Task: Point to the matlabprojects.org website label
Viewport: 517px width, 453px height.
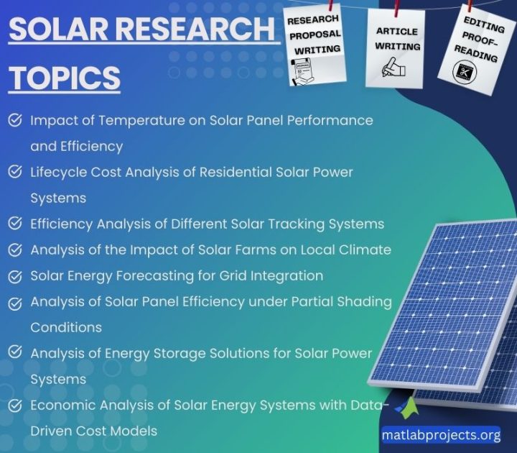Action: point(441,434)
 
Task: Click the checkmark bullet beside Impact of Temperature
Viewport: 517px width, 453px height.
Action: point(14,121)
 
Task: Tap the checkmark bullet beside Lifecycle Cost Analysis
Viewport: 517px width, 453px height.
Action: point(14,173)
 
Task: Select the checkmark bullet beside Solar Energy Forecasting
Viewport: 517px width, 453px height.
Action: point(14,276)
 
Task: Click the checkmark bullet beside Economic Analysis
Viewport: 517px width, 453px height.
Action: point(14,406)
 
